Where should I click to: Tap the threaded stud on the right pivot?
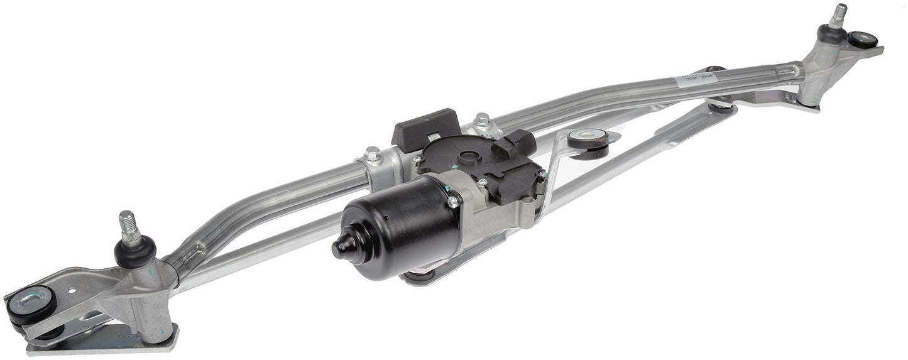tap(838, 16)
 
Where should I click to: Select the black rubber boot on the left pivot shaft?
tap(135, 253)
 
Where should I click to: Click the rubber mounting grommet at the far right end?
tap(863, 40)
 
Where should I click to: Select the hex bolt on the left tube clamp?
tap(373, 153)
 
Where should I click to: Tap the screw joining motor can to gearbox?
tap(452, 202)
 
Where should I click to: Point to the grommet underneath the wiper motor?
tap(418, 275)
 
